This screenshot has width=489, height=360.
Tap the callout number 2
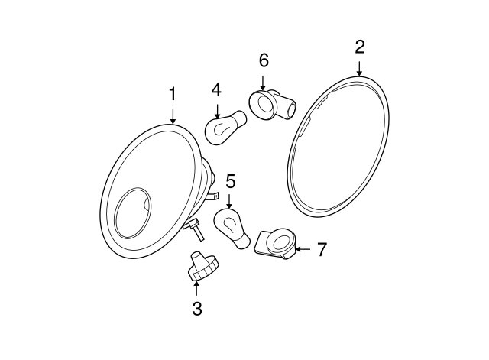pyautogui.click(x=359, y=47)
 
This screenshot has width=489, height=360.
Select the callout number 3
pyautogui.click(x=196, y=308)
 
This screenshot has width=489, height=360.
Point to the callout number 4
pyautogui.click(x=216, y=89)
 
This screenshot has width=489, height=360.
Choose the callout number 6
pyautogui.click(x=264, y=60)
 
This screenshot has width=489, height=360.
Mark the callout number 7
pyautogui.click(x=322, y=249)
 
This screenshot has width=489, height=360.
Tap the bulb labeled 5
pyautogui.click(x=232, y=229)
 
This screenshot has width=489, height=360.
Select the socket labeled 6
pyautogui.click(x=272, y=104)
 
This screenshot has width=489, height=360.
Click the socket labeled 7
pyautogui.click(x=277, y=243)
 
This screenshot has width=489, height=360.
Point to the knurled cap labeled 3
pyautogui.click(x=202, y=266)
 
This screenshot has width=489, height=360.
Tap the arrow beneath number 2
pyautogui.click(x=359, y=67)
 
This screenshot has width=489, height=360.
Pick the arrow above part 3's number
pyautogui.click(x=196, y=288)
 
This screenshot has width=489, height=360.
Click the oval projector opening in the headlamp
pyautogui.click(x=133, y=211)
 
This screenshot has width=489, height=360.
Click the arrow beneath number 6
pyautogui.click(x=264, y=79)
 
